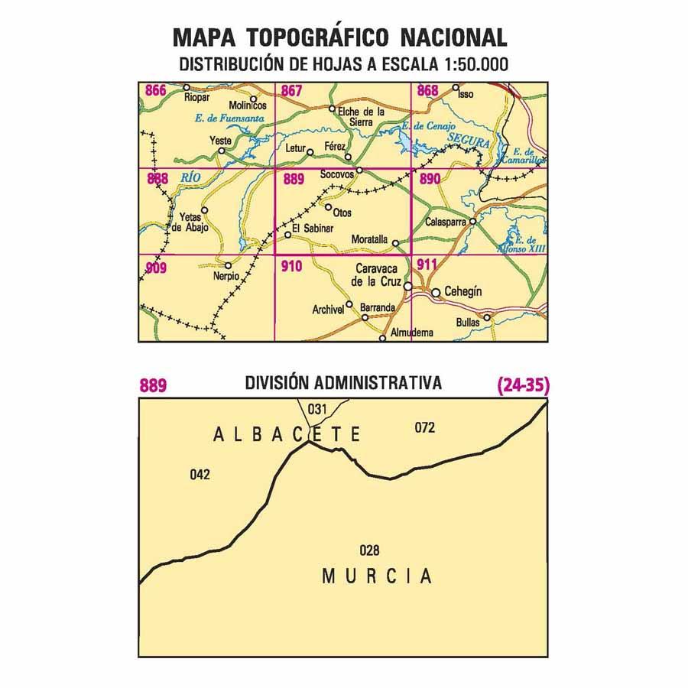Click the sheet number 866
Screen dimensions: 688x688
(x=155, y=92)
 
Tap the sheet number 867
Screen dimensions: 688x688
(x=291, y=92)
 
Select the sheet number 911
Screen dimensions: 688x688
(x=427, y=265)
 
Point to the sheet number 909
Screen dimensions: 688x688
(x=155, y=268)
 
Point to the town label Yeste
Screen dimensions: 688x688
(x=220, y=141)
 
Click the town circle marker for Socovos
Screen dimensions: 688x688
(x=359, y=169)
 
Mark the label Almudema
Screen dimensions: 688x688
(x=411, y=333)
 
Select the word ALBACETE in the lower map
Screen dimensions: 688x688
(x=286, y=435)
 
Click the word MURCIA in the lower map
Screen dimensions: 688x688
(x=376, y=576)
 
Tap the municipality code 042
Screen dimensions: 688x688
(x=200, y=475)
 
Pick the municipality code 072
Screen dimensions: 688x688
(x=424, y=428)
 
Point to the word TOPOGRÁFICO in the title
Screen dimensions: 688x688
(x=325, y=38)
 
